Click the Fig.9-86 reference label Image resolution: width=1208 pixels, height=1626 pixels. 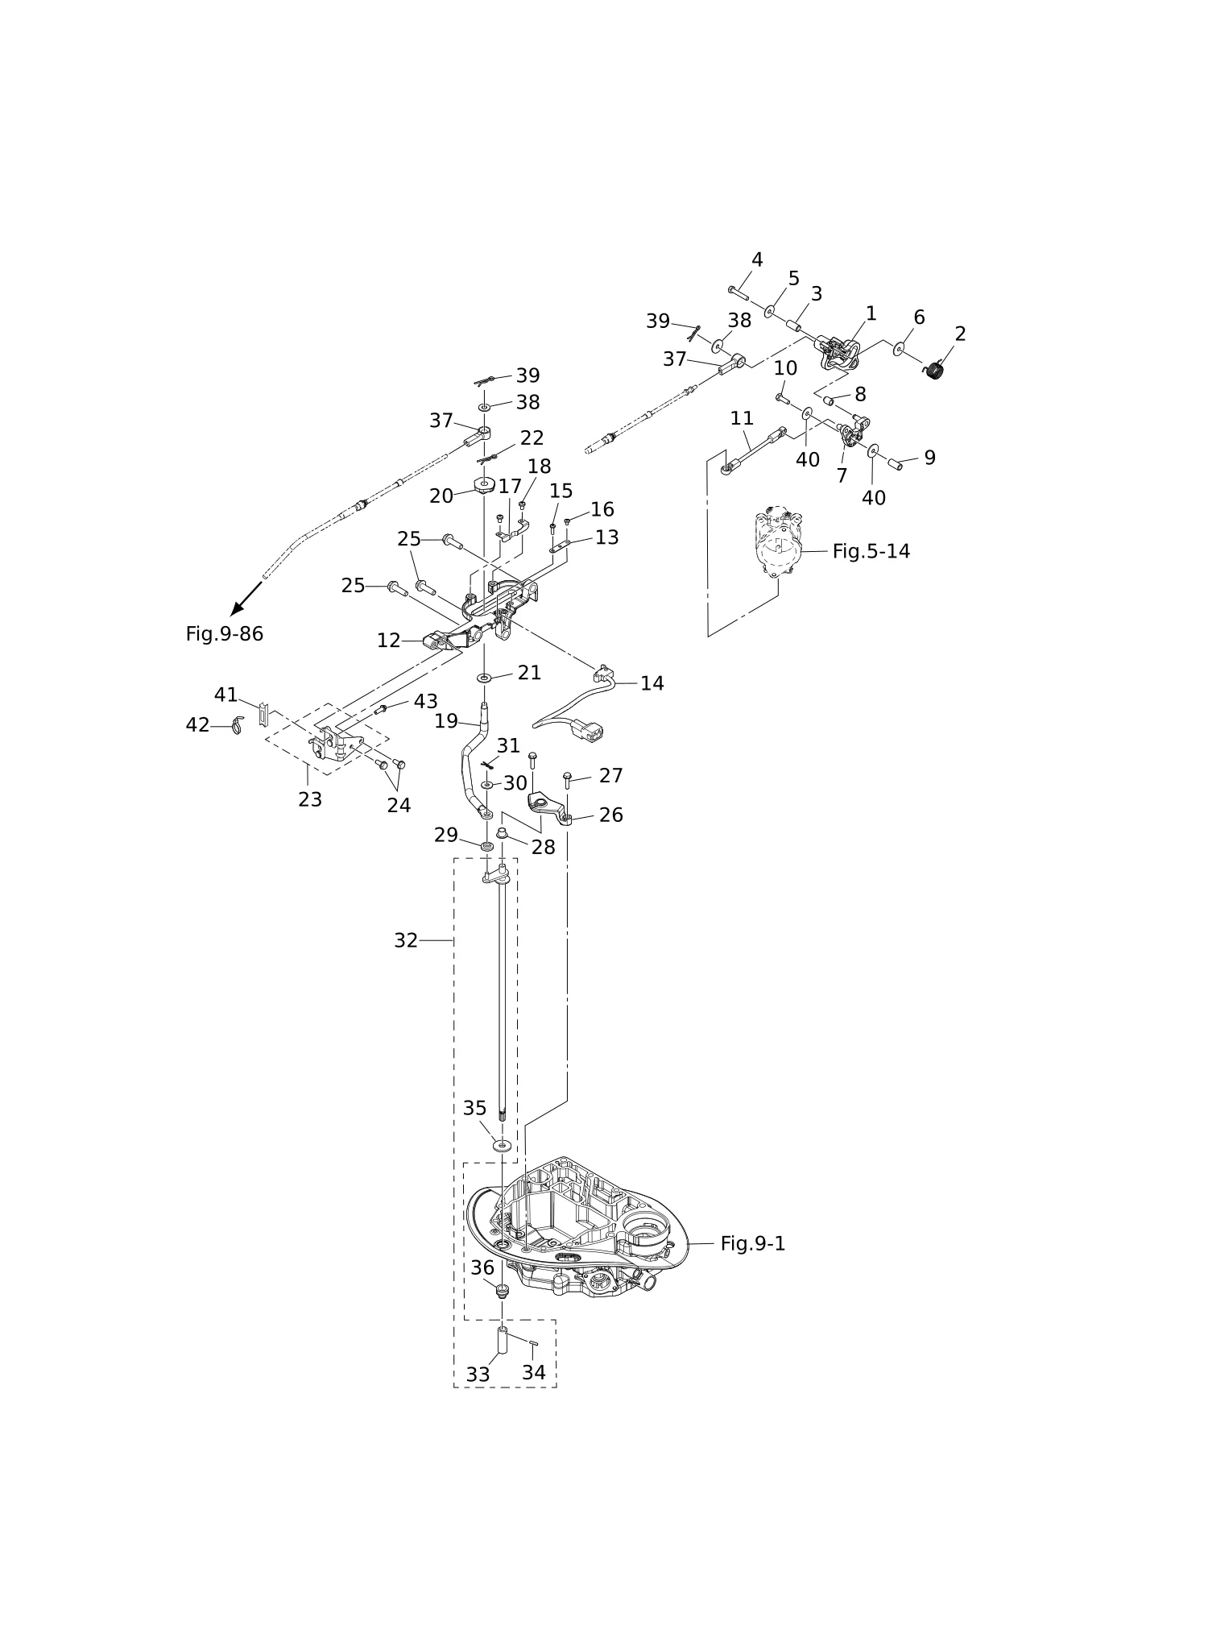(x=224, y=634)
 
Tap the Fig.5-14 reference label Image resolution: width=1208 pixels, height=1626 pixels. (x=871, y=551)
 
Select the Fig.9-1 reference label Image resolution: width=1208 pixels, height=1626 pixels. (x=752, y=1243)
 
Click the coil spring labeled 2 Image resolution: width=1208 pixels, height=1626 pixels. (x=933, y=369)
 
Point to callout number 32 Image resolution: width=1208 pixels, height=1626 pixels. (x=405, y=940)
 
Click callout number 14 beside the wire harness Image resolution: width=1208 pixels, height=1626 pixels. (x=652, y=683)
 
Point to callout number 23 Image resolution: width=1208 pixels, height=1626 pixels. (x=310, y=799)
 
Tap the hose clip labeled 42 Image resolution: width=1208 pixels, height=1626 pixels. (x=237, y=725)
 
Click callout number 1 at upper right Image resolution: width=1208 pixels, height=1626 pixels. (x=871, y=313)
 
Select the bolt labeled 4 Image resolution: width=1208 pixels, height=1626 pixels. (x=738, y=293)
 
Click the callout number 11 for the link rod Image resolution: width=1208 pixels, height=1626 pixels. (x=742, y=418)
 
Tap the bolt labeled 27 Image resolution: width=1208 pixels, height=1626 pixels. (x=567, y=778)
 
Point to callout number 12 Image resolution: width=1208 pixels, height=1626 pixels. (x=388, y=641)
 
